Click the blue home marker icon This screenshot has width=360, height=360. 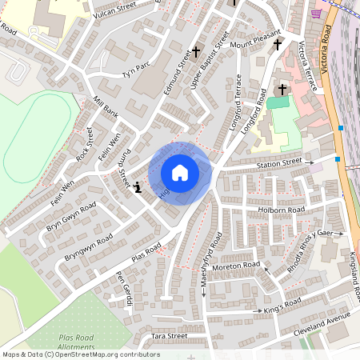[x=180, y=172]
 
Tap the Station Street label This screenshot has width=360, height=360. [x=279, y=162]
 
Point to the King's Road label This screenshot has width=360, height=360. [x=282, y=303]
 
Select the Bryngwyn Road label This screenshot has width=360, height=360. [x=87, y=250]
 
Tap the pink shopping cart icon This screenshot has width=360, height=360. [x=317, y=13]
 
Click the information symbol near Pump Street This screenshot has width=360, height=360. [x=138, y=187]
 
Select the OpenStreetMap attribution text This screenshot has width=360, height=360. [x=81, y=354]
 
